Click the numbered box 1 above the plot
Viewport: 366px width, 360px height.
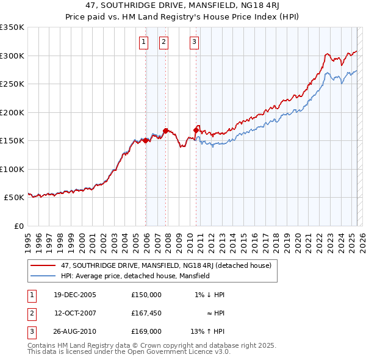[x=143, y=42]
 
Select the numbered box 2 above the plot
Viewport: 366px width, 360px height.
[x=164, y=42]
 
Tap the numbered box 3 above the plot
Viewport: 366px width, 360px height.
[x=194, y=42]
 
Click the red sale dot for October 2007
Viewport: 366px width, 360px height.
[x=166, y=131]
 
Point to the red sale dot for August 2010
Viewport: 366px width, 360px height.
[x=196, y=129]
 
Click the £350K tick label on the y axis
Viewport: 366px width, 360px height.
[x=12, y=27]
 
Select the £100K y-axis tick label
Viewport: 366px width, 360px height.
[x=12, y=169]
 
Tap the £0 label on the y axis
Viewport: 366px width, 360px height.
[x=18, y=226]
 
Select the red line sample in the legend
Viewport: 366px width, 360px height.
[x=43, y=265]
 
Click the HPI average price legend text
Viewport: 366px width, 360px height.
[x=135, y=276]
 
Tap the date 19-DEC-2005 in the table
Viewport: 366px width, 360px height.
[x=75, y=295]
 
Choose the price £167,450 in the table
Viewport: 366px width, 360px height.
[x=146, y=313]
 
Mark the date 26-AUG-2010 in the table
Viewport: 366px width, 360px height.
[x=75, y=331]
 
